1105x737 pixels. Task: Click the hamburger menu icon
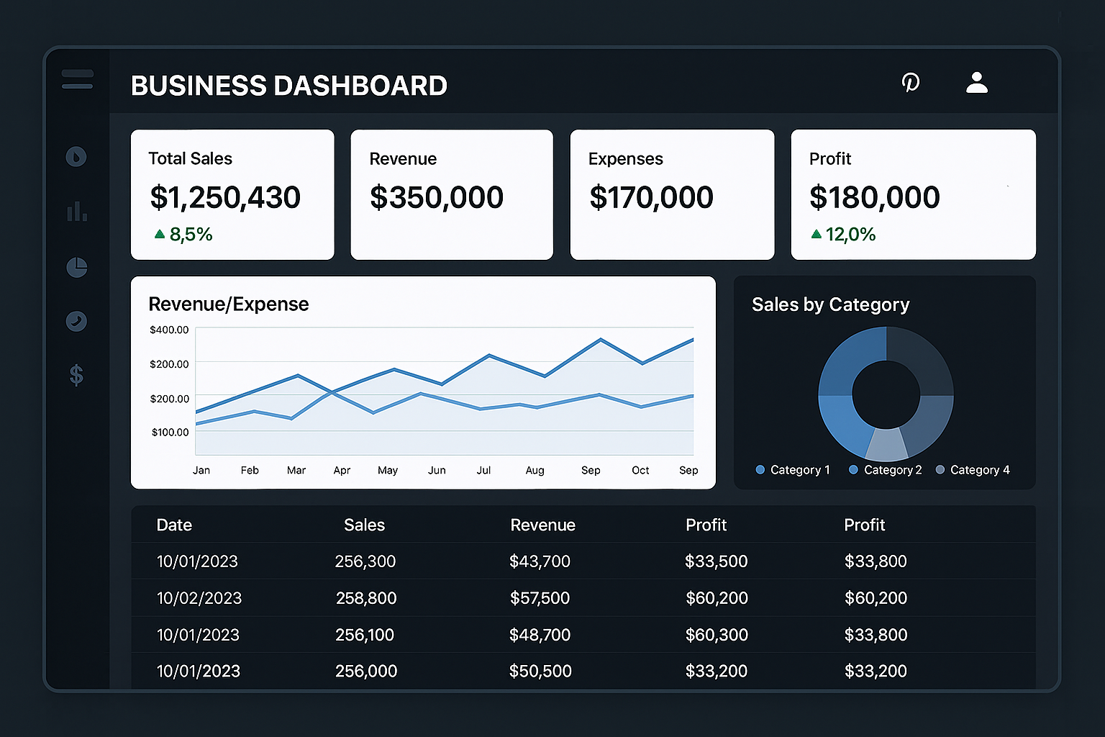tap(77, 79)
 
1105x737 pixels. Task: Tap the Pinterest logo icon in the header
tap(911, 83)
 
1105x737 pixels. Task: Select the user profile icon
tap(976, 83)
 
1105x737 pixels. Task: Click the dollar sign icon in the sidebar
tap(76, 375)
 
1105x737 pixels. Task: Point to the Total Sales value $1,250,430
tap(225, 197)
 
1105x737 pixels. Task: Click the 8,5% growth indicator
tap(183, 235)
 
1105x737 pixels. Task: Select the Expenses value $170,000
tap(651, 197)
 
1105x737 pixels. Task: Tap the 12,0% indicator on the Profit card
tap(843, 235)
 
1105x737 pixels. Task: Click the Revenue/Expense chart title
tap(228, 304)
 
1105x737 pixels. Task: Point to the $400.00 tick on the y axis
tap(169, 330)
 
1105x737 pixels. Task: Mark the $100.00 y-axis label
tap(170, 432)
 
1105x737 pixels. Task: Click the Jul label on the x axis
tap(483, 470)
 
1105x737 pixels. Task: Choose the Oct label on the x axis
tap(640, 470)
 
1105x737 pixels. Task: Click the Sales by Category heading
tap(830, 305)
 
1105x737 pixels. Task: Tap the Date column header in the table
tap(174, 525)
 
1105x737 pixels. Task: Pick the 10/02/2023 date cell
tap(199, 598)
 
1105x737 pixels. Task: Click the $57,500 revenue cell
tap(540, 598)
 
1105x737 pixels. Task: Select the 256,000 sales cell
tap(366, 671)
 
